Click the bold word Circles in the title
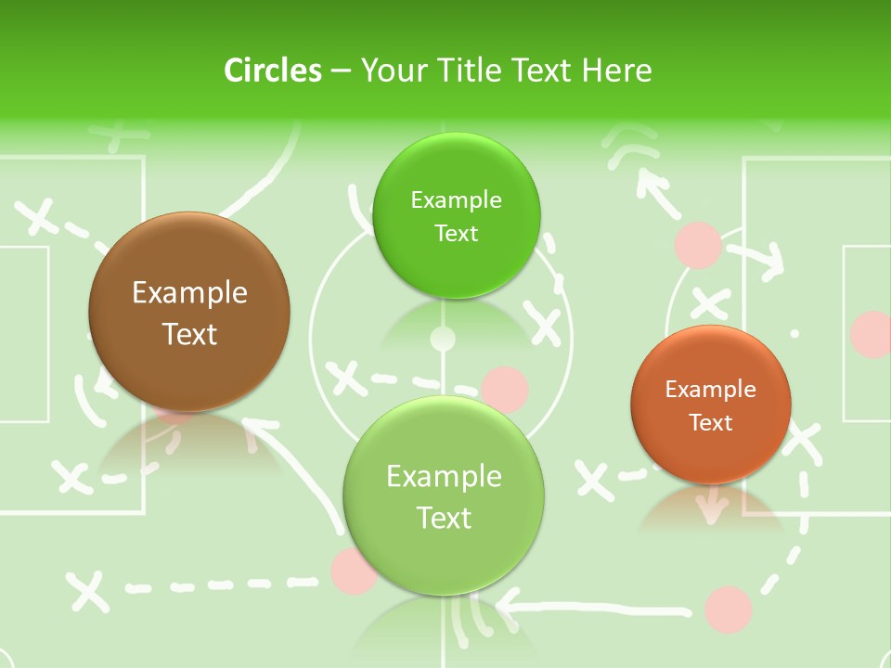point(273,71)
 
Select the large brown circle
point(189,312)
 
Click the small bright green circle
point(456,215)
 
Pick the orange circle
point(711,405)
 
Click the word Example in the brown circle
point(189,293)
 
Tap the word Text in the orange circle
point(711,423)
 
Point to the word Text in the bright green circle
point(456,234)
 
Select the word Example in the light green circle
point(444,477)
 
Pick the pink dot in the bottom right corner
point(728,609)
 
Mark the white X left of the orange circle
point(594,480)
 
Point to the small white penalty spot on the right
point(794,332)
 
